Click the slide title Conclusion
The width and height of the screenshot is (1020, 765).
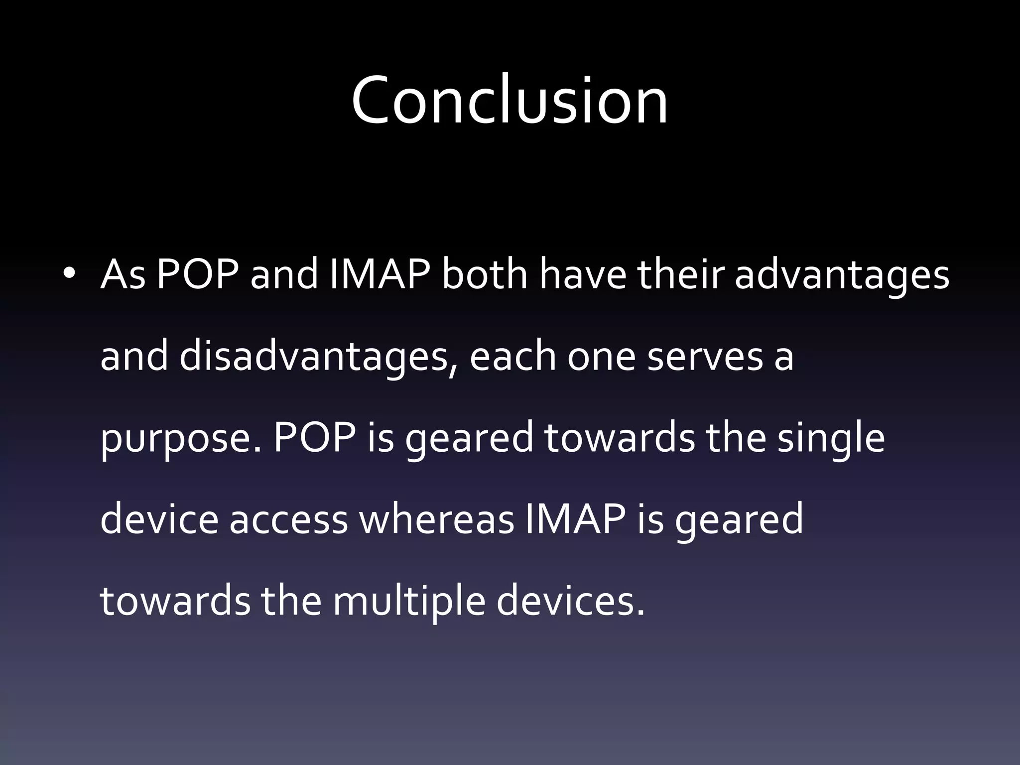510,100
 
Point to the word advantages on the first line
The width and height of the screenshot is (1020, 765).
842,275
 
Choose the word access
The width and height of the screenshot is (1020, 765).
288,520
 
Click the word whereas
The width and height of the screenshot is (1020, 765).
436,520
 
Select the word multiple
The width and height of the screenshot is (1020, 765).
408,602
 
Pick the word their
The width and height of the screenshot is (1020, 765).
680,275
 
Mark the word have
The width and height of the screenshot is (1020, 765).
583,275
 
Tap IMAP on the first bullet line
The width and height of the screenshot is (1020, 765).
380,275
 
